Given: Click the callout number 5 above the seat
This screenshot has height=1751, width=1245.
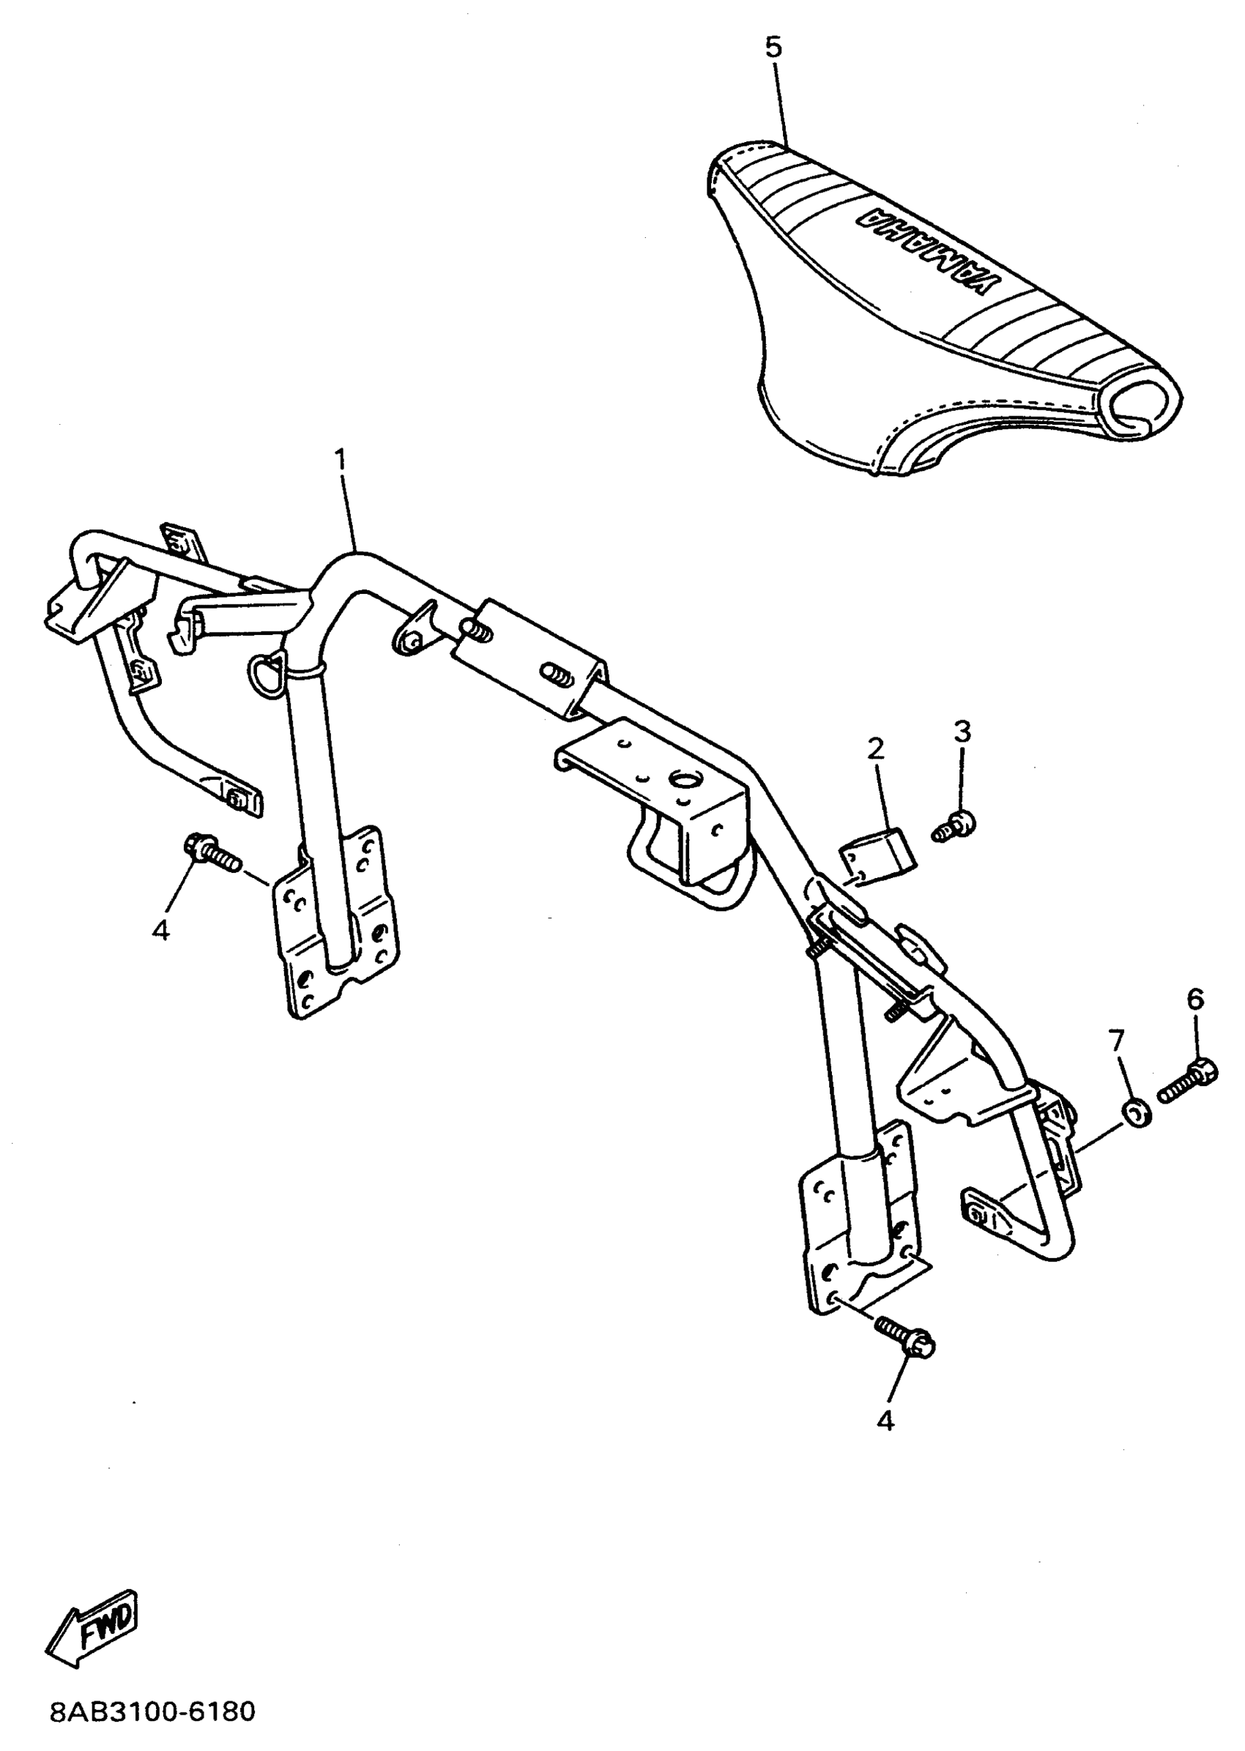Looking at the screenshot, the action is click(x=773, y=48).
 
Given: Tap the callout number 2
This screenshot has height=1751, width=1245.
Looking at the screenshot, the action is click(x=875, y=749).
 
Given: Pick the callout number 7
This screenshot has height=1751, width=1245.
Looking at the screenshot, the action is click(x=1116, y=1041).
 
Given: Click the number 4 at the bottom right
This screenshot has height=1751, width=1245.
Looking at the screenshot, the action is click(x=885, y=1421).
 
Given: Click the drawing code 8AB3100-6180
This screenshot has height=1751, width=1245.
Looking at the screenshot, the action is click(x=152, y=1712).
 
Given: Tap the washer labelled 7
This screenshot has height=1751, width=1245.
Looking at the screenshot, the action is click(x=1136, y=1113).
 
